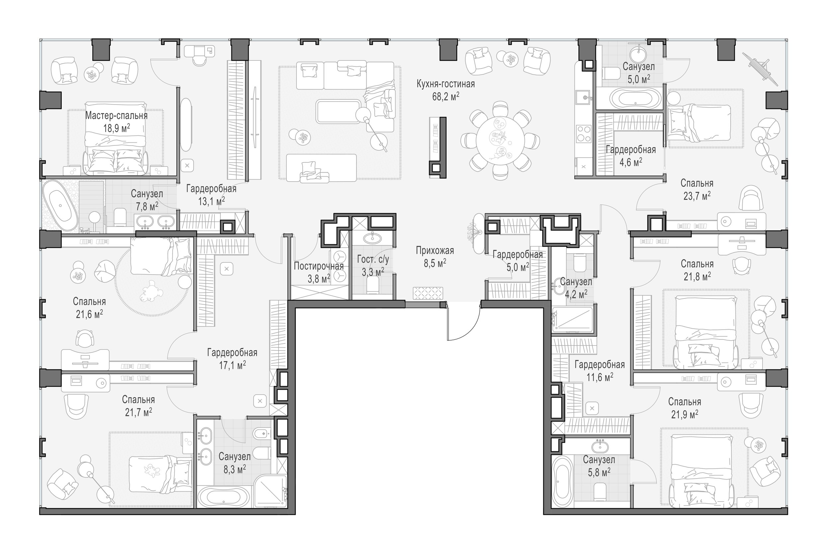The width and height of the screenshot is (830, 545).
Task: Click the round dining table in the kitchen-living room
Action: coord(500,140)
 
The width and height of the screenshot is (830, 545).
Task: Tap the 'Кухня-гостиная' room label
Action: coord(445,84)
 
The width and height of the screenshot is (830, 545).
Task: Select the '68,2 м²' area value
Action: coord(445,97)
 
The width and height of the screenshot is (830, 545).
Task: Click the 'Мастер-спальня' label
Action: coord(117,116)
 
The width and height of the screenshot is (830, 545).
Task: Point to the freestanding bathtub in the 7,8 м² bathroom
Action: coord(60,205)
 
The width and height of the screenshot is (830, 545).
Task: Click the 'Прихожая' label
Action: coord(435,251)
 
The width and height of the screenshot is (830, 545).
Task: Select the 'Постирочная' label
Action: coord(318,266)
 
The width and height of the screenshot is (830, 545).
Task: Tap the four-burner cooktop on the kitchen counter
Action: coord(584,134)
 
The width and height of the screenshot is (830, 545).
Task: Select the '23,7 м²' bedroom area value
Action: coord(697,196)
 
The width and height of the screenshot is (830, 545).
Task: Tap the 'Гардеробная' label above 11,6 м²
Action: coord(600,365)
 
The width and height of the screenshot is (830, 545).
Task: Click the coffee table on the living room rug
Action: coord(338,112)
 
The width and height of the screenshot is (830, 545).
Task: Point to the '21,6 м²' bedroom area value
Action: coord(89,315)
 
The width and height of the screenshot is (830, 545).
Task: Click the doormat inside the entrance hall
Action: coord(428,293)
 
